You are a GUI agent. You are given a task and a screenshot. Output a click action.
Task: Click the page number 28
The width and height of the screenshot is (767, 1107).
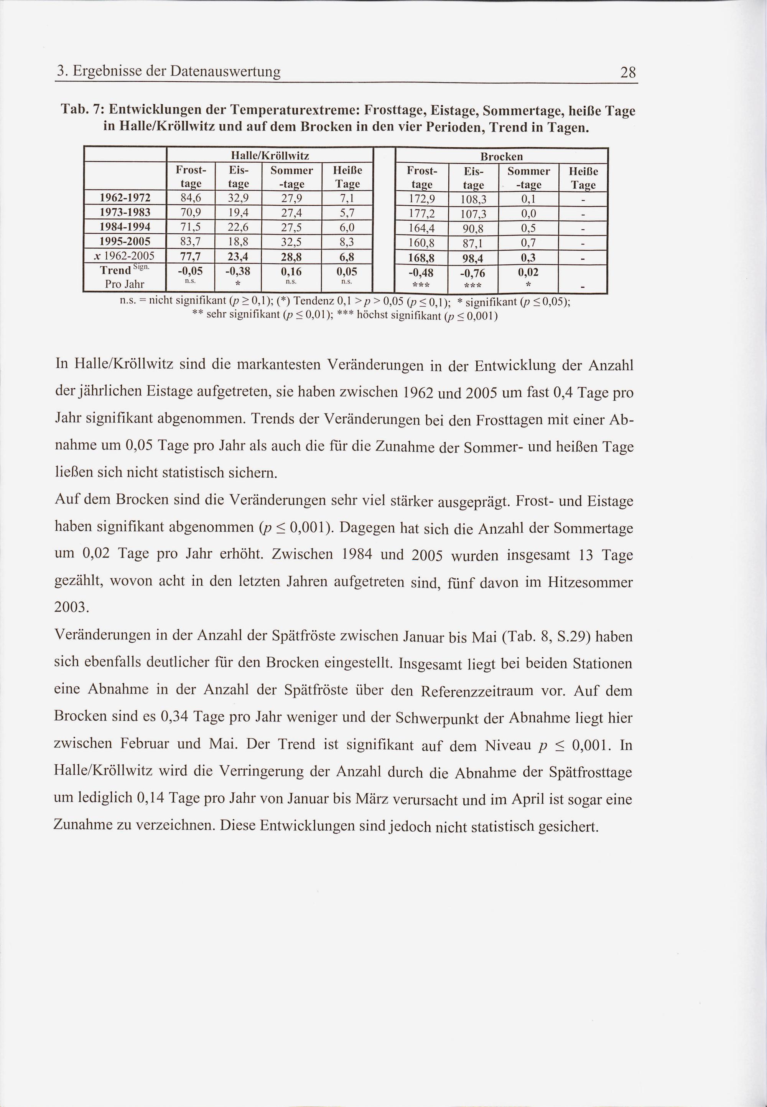coord(628,73)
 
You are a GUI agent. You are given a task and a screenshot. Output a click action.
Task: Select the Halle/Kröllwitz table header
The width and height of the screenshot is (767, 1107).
coord(270,155)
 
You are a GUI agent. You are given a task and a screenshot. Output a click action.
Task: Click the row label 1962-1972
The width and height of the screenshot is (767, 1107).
coord(125,198)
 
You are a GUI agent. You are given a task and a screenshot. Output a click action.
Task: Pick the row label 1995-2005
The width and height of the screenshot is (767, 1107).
coord(125,241)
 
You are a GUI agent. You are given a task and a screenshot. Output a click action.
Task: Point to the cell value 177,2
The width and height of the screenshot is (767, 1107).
coord(421,213)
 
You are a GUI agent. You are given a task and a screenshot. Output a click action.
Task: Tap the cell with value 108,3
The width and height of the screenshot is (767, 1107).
coord(473,199)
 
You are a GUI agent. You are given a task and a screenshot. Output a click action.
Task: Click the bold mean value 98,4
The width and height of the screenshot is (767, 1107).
coord(473,259)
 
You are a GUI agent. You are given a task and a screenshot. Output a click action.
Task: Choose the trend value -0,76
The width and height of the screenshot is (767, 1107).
coord(473,273)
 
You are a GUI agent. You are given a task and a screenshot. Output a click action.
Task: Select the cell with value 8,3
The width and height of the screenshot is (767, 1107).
coord(347,241)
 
